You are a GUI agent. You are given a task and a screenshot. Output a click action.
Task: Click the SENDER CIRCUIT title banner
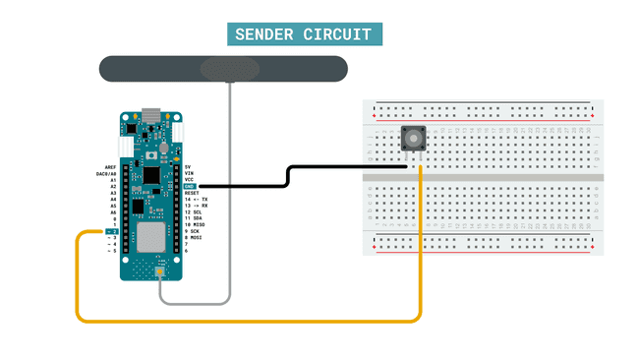pos(305,35)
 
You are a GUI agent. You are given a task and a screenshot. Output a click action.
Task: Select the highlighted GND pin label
pos(191,186)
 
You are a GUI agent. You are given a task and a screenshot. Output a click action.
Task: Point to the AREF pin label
pos(110,167)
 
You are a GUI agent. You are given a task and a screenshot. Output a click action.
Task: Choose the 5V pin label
pos(188,167)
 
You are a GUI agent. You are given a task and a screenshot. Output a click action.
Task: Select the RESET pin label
pos(192,193)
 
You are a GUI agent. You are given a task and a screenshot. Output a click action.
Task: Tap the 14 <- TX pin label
pos(196,199)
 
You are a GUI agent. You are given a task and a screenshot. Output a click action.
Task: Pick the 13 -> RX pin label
pos(196,206)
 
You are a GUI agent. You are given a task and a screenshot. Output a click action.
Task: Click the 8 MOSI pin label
pos(194,237)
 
